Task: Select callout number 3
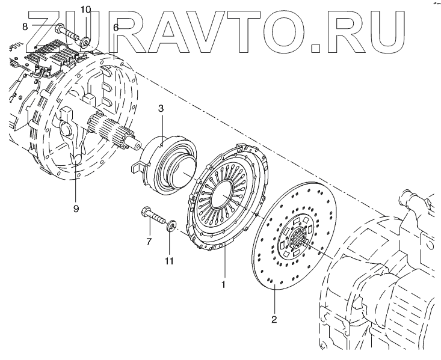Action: (161, 108)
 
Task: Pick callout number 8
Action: (25, 26)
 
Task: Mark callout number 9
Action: (76, 209)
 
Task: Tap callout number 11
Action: (169, 261)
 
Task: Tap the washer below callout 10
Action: (85, 42)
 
